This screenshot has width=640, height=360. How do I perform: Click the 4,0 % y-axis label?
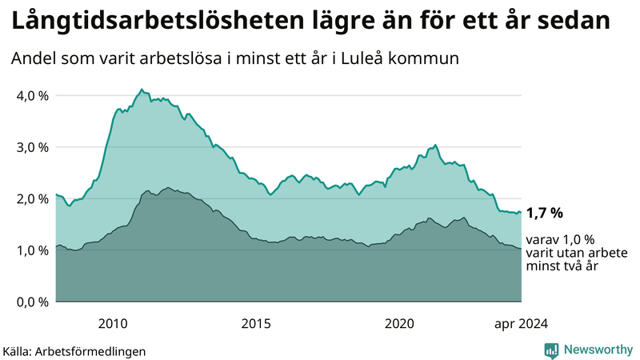[32, 96]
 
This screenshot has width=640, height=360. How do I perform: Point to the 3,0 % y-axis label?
[32, 147]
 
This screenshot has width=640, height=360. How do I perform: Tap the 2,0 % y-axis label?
[32, 199]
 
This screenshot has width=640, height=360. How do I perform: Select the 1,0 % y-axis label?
[32, 250]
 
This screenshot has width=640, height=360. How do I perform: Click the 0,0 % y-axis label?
[32, 302]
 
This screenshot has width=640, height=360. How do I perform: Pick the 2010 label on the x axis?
[113, 323]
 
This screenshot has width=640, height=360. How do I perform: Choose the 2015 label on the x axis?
[256, 323]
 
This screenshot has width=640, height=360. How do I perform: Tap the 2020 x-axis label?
[399, 323]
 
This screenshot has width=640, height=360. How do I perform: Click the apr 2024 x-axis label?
[521, 323]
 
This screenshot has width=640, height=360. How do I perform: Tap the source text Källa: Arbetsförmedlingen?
[74, 350]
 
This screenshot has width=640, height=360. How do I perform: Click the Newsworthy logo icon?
[551, 350]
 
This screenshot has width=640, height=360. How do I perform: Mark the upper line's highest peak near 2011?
[142, 90]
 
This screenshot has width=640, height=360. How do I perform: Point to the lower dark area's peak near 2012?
[166, 187]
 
